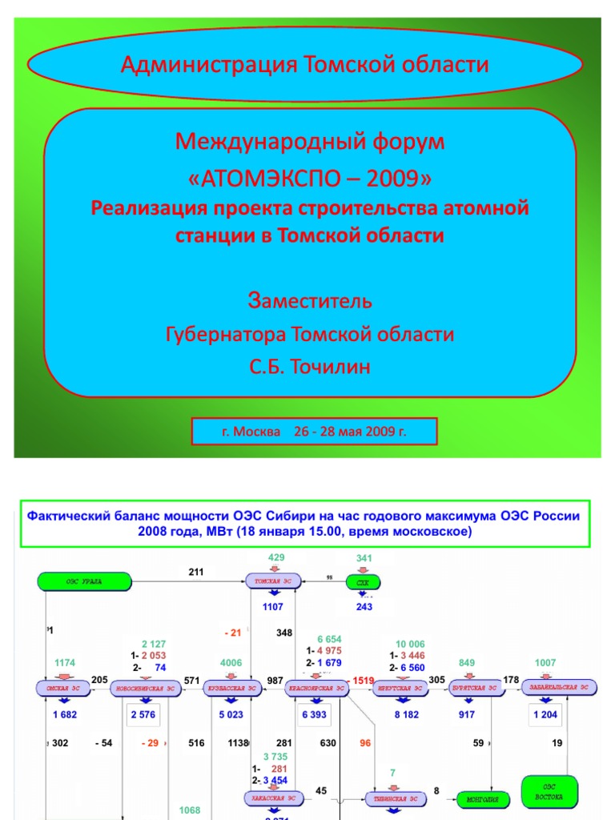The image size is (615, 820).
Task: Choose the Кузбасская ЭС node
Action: pyautogui.click(x=231, y=688)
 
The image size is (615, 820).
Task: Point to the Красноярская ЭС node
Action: pyautogui.click(x=318, y=688)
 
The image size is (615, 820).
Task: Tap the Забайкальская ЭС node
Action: pyautogui.click(x=560, y=688)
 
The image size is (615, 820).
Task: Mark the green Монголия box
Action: pyautogui.click(x=482, y=798)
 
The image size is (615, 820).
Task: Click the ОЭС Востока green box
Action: pyautogui.click(x=549, y=790)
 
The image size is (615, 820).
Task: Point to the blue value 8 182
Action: pyautogui.click(x=407, y=714)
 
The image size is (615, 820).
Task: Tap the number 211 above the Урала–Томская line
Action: pyautogui.click(x=197, y=572)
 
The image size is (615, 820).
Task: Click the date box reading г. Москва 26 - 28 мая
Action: pyautogui.click(x=314, y=432)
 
